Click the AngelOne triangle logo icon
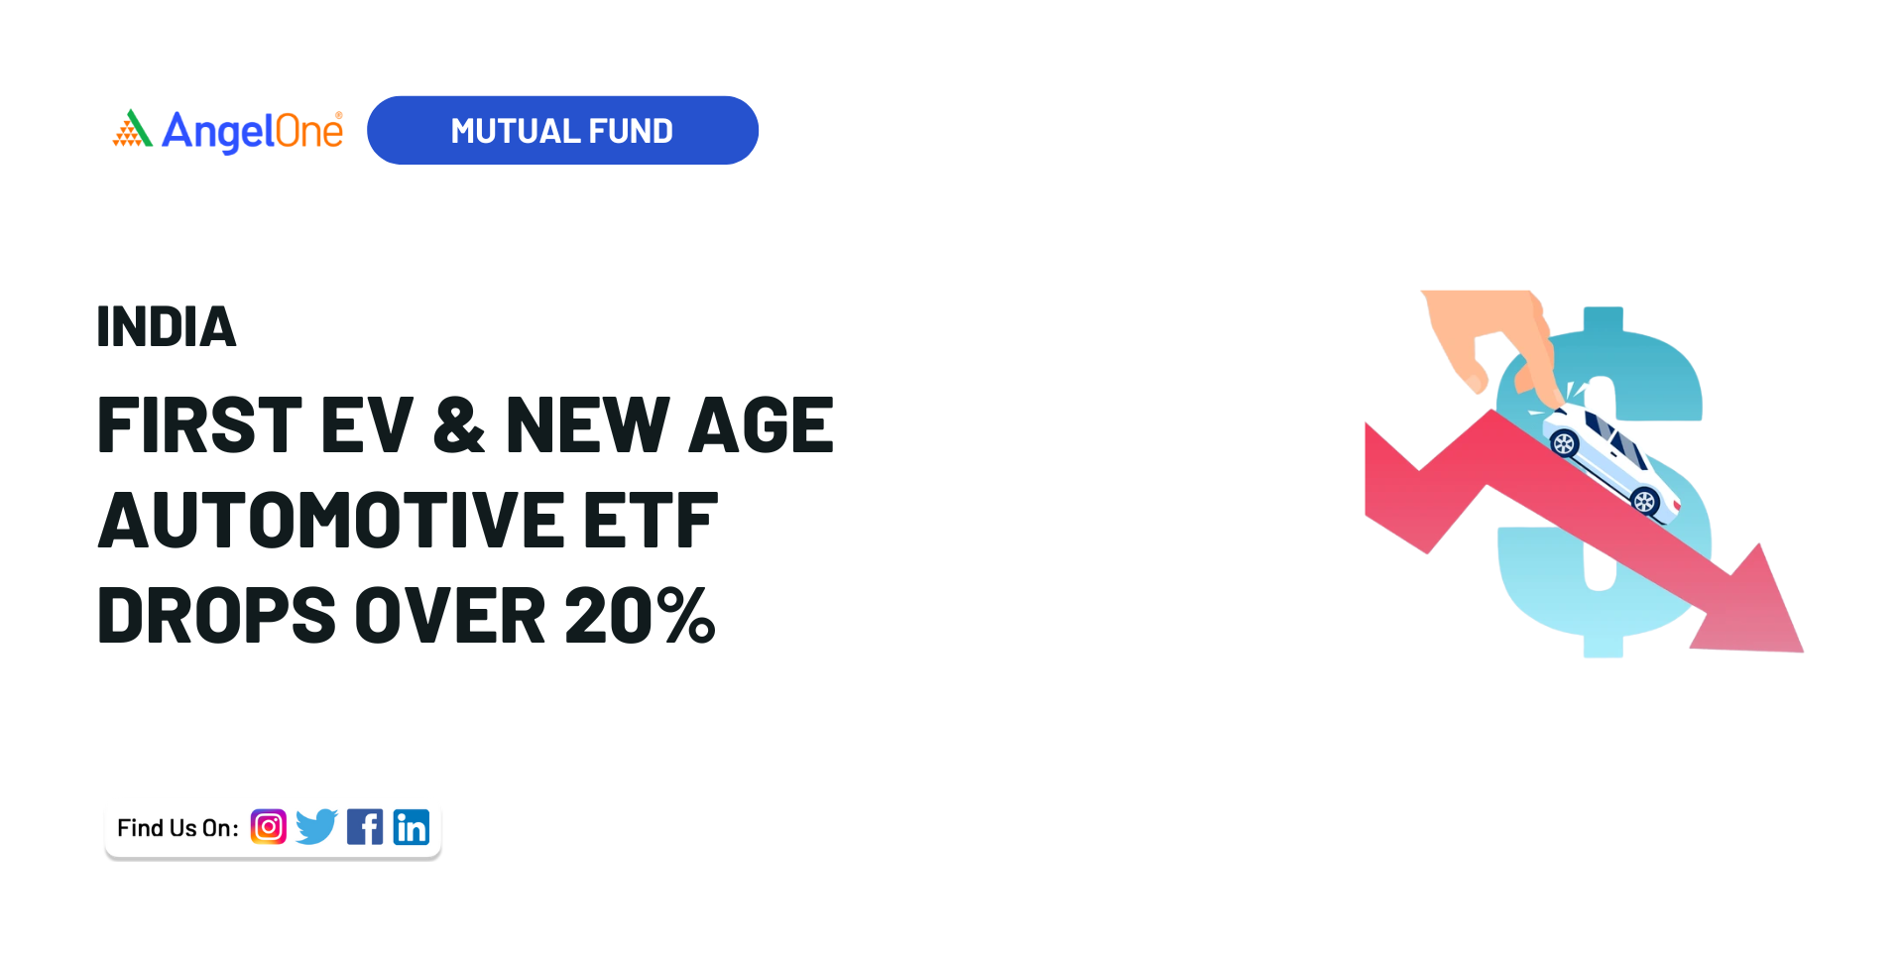[x=132, y=129]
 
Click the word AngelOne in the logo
[x=252, y=131]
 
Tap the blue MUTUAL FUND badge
[x=562, y=130]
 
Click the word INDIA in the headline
[x=167, y=326]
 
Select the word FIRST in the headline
[x=199, y=425]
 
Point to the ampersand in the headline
[x=459, y=425]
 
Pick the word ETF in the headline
[x=651, y=520]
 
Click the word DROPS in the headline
[x=217, y=616]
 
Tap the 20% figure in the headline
[x=640, y=616]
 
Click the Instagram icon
[x=269, y=827]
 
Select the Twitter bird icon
[x=316, y=827]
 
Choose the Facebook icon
[x=365, y=827]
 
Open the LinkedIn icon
[x=412, y=827]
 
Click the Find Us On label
[x=178, y=828]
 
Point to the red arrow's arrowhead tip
[x=1802, y=652]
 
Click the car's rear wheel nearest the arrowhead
[x=1644, y=502]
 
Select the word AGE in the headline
[x=762, y=425]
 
